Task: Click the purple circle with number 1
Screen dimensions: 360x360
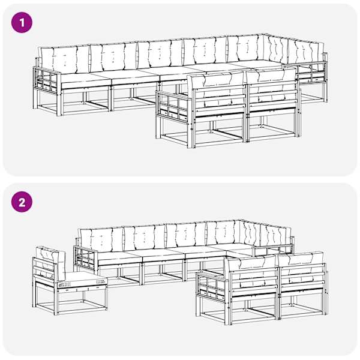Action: tap(22, 23)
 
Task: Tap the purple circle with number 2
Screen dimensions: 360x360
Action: tap(22, 202)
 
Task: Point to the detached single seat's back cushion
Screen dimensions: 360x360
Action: tap(50, 263)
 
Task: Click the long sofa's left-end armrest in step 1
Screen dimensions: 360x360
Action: tap(47, 81)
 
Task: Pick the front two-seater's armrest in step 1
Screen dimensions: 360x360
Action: tap(174, 106)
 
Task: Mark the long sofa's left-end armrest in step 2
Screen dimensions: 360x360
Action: tap(85, 258)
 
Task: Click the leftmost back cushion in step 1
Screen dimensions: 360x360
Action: tap(64, 59)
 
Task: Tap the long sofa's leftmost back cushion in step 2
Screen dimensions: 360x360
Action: tap(101, 240)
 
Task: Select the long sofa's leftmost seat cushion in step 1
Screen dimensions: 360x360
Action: tap(85, 81)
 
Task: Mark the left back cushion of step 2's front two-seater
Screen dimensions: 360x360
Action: tap(252, 271)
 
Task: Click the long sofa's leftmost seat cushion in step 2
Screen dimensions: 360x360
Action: tap(119, 257)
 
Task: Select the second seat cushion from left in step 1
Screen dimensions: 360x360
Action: tap(136, 77)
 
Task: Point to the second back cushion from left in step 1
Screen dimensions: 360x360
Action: tap(113, 57)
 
